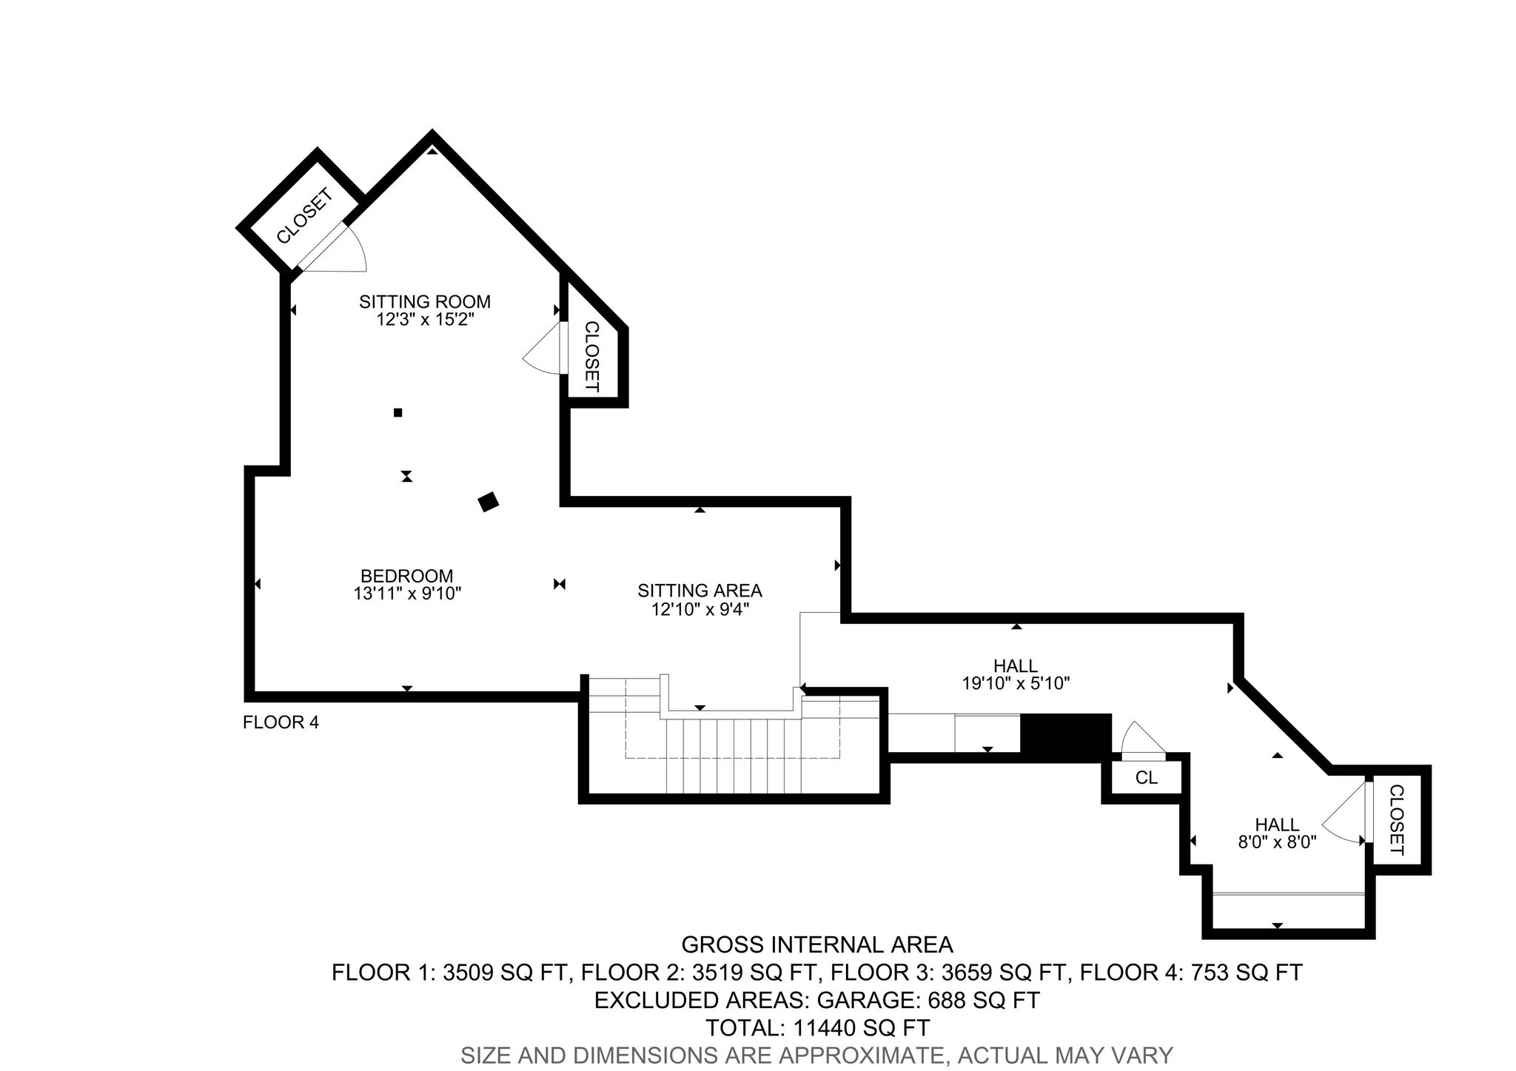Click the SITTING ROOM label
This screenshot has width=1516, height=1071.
[425, 302]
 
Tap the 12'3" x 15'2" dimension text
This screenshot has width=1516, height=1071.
[425, 320]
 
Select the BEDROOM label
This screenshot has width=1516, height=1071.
[406, 576]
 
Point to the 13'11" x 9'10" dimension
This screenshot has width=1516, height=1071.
[408, 593]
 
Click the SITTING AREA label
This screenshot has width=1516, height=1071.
[700, 591]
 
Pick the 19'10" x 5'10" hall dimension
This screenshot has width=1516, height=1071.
[1016, 683]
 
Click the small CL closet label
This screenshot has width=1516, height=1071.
[1146, 778]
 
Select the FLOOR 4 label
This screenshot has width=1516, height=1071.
[281, 722]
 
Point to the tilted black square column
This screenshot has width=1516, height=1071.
[489, 502]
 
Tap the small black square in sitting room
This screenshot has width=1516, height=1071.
[398, 412]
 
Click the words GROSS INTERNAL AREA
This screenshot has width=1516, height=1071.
[816, 945]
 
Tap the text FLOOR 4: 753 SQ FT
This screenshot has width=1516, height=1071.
[1191, 973]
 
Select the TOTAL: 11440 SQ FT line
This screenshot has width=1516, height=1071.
[817, 1028]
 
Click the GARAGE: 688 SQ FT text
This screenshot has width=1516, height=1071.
[928, 1001]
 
